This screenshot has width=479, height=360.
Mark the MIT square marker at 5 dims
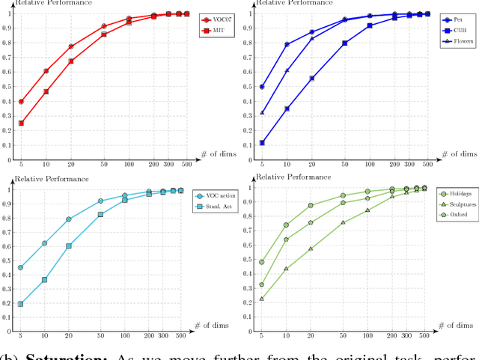coord(21,123)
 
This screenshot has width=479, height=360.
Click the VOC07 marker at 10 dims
coord(46,71)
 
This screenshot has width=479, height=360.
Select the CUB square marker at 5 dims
coord(262,142)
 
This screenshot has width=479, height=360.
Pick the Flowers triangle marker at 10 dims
coord(287,70)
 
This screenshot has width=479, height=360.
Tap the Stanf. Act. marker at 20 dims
coord(69,245)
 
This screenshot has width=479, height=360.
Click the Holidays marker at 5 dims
coord(262,262)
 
